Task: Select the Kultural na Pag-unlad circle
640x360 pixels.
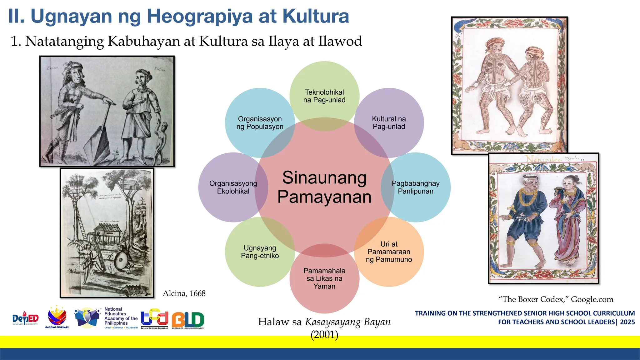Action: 389,123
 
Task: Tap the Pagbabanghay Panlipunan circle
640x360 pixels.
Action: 416,187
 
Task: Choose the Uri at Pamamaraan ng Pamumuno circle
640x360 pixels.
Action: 389,252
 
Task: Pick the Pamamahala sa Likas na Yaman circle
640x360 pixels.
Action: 324,278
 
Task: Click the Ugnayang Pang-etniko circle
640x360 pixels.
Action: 260,252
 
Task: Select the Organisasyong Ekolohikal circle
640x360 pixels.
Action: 233,187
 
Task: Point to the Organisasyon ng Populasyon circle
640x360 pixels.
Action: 260,123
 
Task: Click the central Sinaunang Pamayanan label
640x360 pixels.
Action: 324,187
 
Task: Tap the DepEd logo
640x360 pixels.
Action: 25,319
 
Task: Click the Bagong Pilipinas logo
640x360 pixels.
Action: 57,317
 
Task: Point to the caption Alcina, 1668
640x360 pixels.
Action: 184,293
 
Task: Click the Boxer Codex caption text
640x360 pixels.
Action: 556,299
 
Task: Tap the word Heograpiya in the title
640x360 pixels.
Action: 200,16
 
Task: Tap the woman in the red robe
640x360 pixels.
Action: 567,219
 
